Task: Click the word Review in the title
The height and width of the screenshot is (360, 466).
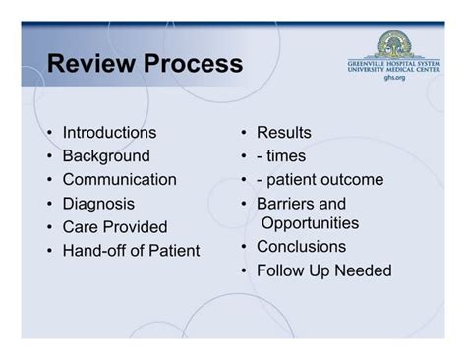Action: point(88,65)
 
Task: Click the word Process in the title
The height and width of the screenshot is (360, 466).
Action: point(189,65)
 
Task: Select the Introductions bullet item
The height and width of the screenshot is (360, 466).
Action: point(109,132)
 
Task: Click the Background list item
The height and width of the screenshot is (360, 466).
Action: point(106,155)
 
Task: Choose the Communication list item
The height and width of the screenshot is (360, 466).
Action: point(119,179)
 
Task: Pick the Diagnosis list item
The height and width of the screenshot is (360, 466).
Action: point(99,204)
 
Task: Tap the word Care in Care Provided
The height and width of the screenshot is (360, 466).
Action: point(80,227)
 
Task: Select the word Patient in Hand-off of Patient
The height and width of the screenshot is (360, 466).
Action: point(174,251)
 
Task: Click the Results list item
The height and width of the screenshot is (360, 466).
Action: point(284,132)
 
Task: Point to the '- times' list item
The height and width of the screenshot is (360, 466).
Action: point(281,155)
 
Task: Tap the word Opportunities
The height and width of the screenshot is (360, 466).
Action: point(310,223)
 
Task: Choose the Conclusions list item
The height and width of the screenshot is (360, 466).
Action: point(301,246)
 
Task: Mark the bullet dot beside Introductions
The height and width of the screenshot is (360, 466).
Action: point(49,133)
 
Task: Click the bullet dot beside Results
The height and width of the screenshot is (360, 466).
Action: point(243,133)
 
